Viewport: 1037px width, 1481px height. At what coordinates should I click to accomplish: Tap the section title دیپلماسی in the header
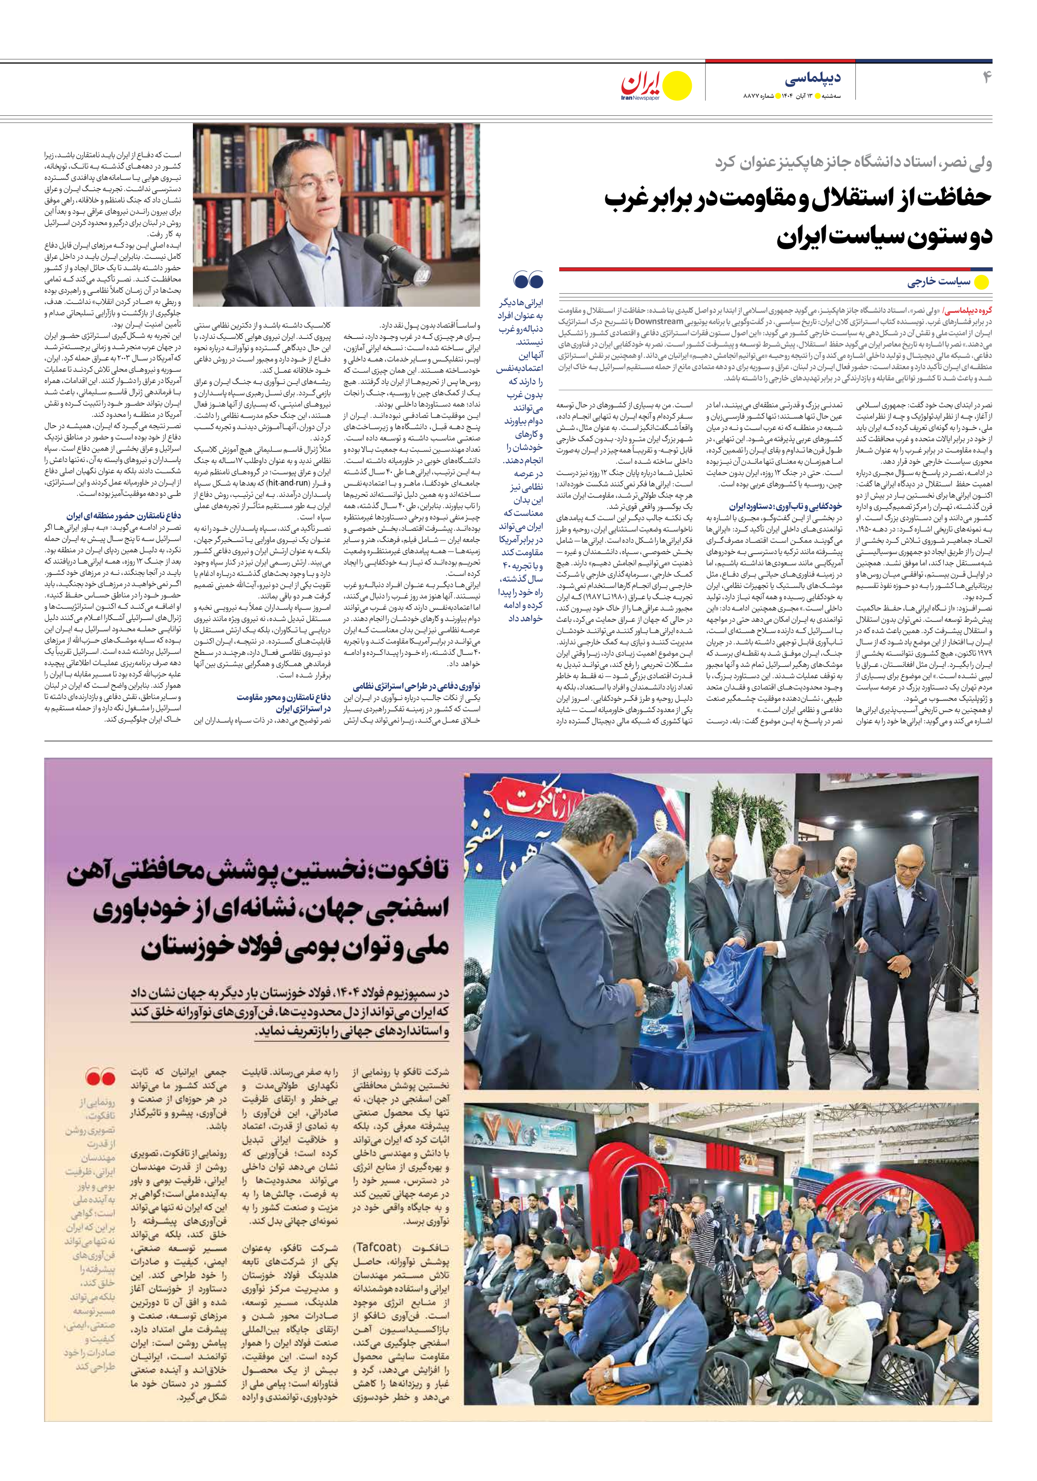[x=813, y=79]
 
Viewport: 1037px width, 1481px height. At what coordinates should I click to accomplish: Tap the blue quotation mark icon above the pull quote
[x=528, y=280]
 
